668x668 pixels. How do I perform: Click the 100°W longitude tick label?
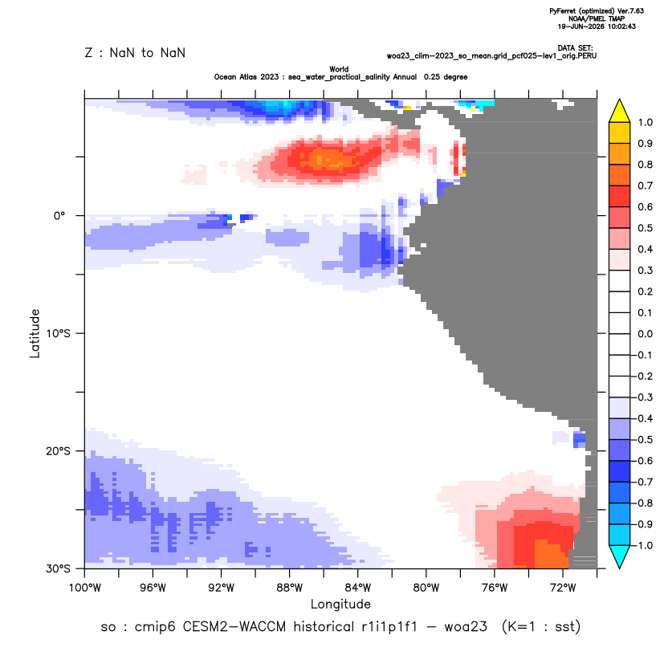pos(85,588)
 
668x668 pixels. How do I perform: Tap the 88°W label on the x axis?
pos(290,588)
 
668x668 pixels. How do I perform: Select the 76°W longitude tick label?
pos(495,588)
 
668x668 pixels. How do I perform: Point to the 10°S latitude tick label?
pos(58,333)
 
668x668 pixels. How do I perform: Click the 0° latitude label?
pos(59,215)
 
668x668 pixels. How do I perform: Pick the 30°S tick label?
pos(58,568)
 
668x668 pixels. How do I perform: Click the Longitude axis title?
pos(340,604)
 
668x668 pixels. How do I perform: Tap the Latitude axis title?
pos(35,333)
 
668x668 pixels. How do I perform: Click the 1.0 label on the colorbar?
pos(645,122)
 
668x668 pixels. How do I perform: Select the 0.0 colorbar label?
pos(645,333)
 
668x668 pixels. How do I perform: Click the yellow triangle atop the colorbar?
pos(620,111)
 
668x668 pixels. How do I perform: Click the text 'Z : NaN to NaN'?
pos(135,53)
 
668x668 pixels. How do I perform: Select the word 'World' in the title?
pos(339,69)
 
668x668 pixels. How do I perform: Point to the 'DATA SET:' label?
pos(575,48)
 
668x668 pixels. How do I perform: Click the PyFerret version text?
pos(597,11)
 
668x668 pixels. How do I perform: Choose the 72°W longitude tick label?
pos(563,588)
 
